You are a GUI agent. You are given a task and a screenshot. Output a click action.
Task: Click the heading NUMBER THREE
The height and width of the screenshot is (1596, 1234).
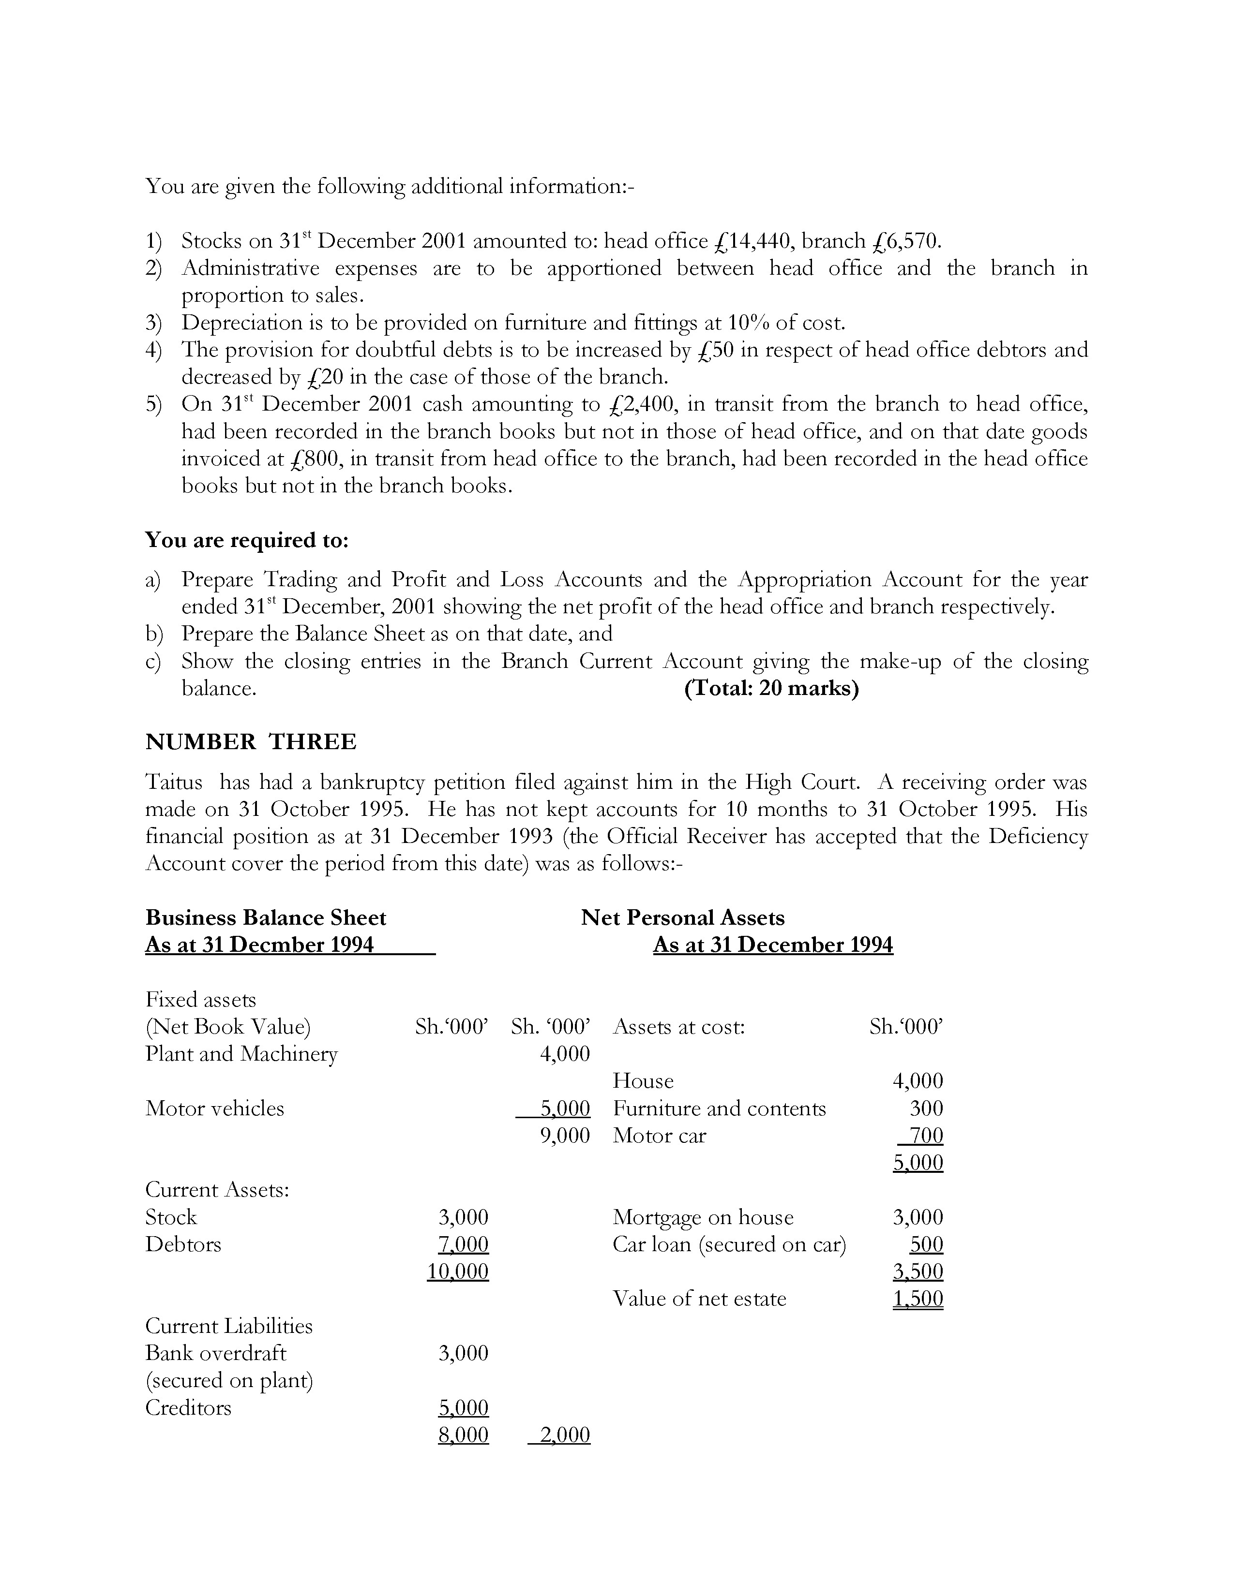tap(251, 742)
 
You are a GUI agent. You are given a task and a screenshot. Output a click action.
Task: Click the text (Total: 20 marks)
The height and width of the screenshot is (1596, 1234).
tap(771, 688)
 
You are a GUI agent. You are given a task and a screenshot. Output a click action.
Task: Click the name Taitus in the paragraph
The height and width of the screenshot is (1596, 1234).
tap(174, 782)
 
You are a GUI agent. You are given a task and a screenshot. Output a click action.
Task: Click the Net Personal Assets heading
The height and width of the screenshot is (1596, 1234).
tap(683, 918)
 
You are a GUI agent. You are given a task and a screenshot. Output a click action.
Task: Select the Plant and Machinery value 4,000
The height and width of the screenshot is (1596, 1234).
tap(564, 1054)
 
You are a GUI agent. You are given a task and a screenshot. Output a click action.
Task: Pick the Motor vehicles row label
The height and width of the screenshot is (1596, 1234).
tap(215, 1108)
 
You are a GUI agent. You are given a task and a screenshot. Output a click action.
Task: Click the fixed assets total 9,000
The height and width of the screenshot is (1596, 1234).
tap(564, 1136)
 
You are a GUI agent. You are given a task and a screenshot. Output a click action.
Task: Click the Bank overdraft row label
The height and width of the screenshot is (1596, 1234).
tap(216, 1353)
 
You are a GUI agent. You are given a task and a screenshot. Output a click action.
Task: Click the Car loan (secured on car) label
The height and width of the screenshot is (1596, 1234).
tap(729, 1244)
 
